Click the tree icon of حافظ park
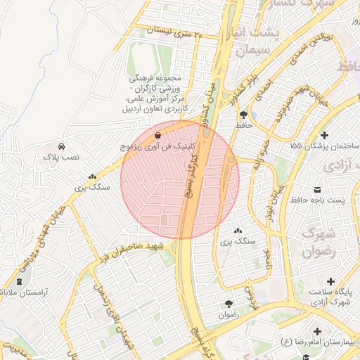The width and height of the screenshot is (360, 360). coord(243,114)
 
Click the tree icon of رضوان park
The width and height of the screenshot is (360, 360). coord(229,304)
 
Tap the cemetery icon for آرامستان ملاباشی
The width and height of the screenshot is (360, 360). coord(18,281)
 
